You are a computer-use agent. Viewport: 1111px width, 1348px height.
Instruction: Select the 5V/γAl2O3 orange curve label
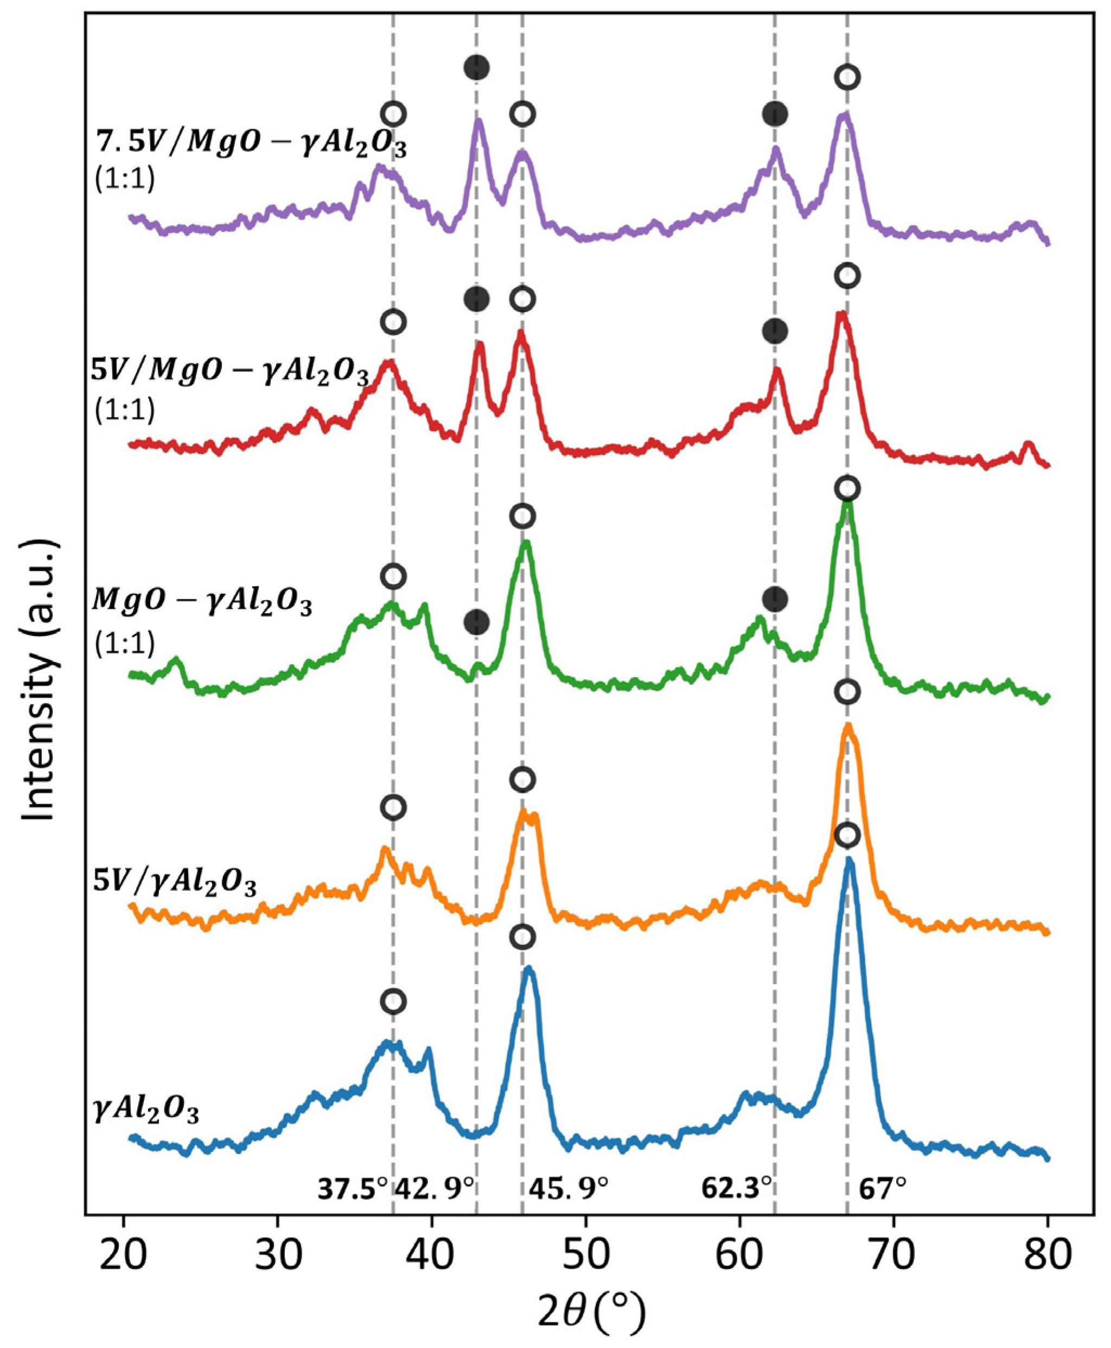click(174, 886)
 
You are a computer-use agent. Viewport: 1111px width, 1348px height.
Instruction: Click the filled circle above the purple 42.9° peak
click(476, 67)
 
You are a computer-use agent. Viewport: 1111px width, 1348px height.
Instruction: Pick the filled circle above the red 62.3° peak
click(775, 332)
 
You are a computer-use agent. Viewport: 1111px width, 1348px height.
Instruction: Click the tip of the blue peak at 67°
click(848, 860)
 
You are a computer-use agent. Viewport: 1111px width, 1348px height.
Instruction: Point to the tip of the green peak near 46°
click(526, 542)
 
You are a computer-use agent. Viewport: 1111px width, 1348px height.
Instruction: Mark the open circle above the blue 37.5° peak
click(394, 1001)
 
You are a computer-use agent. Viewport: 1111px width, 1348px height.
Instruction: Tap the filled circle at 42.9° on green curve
click(476, 621)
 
